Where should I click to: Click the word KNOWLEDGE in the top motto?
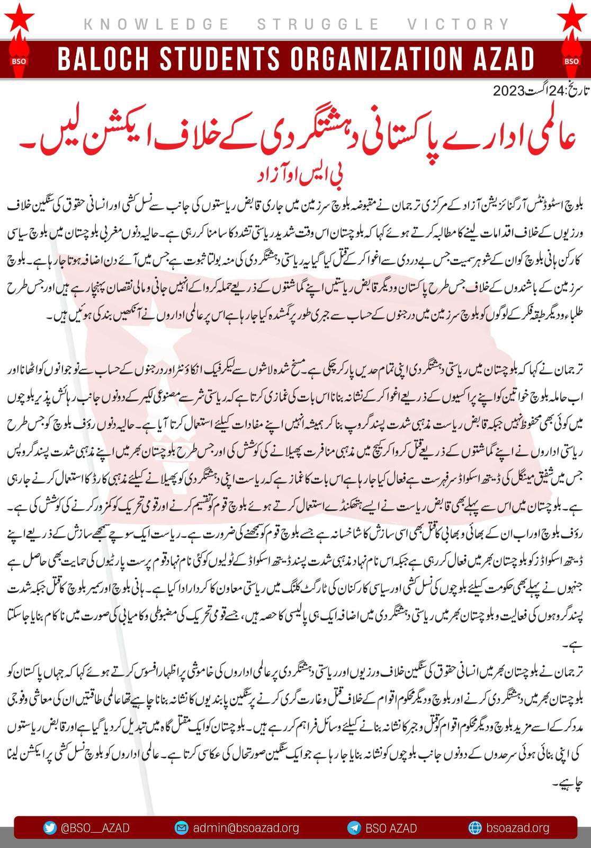[156, 24]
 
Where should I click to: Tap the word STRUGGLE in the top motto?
[318, 24]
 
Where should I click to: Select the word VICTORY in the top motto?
[459, 24]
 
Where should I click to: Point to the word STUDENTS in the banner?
[234, 59]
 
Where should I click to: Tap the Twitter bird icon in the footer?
[50, 828]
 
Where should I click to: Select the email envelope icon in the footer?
[182, 828]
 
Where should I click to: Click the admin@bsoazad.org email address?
[246, 828]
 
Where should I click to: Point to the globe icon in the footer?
[474, 828]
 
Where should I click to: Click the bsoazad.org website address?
[517, 828]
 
